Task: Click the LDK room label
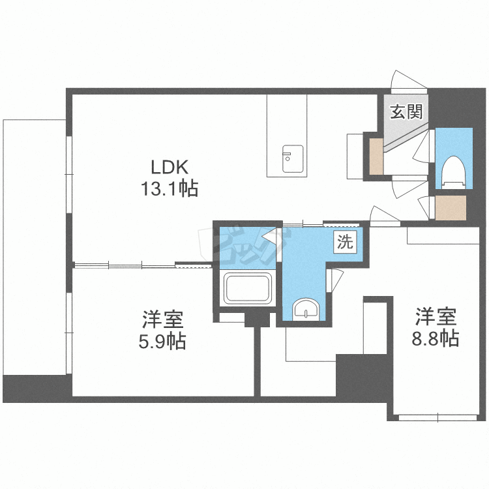170,167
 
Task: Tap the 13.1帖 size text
170,188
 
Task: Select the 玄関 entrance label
406,111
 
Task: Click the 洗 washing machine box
345,241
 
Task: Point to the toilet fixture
454,172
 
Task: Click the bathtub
248,288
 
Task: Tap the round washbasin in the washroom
306,309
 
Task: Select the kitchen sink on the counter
293,158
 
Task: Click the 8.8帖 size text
436,338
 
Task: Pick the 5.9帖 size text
162,341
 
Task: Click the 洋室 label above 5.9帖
162,319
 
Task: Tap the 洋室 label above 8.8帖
436,316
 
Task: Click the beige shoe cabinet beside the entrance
376,156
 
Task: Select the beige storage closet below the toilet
451,208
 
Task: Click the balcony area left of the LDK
35,246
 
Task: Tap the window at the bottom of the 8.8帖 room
438,417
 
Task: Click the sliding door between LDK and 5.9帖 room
125,266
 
